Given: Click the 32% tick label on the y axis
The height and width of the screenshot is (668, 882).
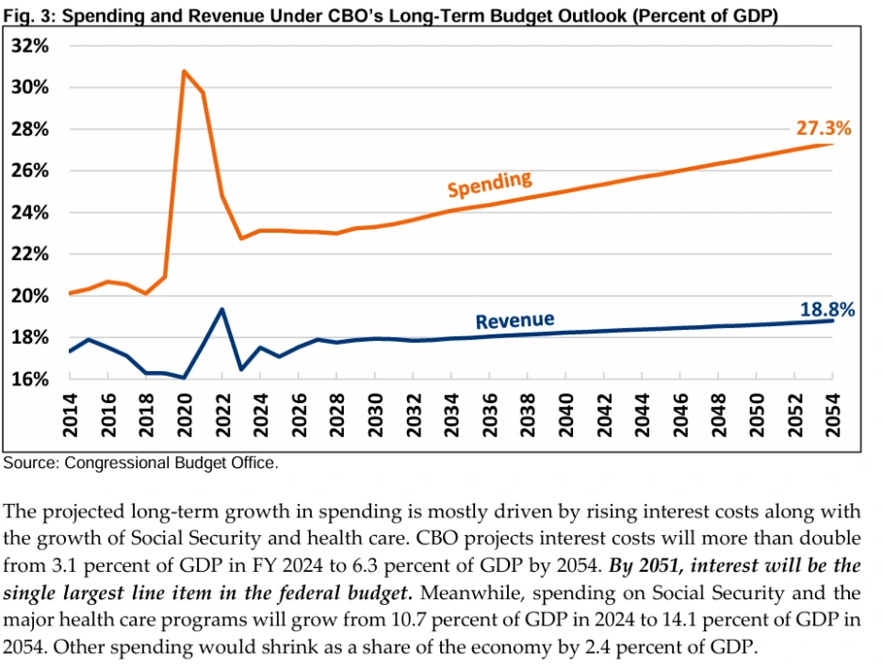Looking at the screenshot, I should tap(32, 46).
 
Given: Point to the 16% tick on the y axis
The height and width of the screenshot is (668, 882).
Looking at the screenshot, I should tap(32, 379).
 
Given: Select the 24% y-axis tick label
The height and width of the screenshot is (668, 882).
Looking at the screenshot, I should tap(32, 213).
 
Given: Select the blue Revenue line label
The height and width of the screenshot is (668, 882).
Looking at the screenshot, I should tap(514, 320).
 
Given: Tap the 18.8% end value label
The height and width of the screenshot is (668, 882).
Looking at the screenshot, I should tap(826, 309).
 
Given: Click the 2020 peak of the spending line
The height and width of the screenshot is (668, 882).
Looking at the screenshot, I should tap(184, 71).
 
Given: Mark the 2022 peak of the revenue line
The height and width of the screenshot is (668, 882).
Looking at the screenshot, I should tap(221, 309).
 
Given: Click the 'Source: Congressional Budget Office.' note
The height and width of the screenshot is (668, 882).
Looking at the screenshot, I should tap(141, 464).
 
